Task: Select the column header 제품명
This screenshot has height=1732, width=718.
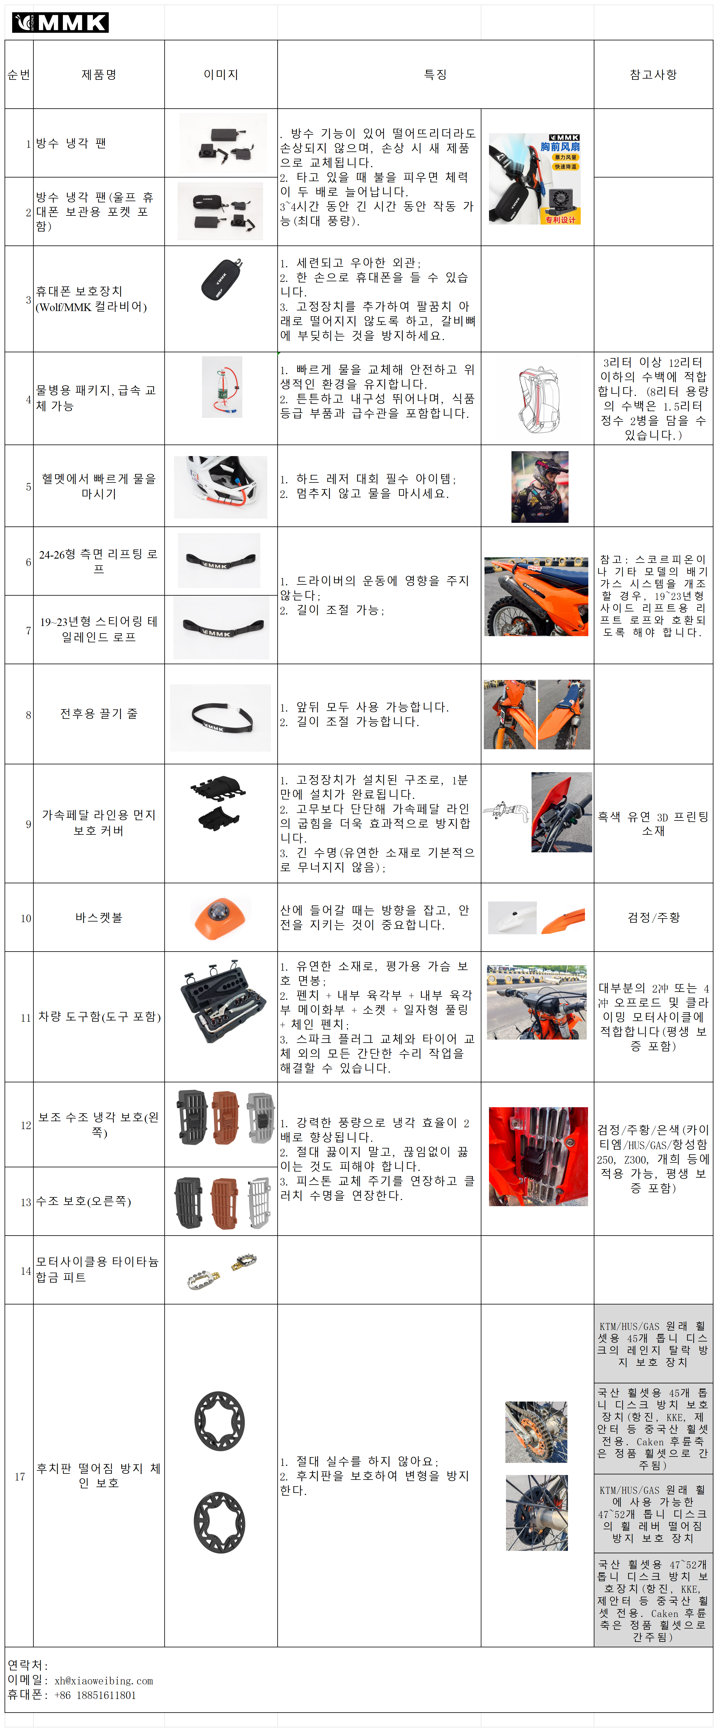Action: [x=99, y=75]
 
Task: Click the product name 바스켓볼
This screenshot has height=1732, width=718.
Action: [x=99, y=918]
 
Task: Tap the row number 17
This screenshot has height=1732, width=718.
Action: [x=19, y=1477]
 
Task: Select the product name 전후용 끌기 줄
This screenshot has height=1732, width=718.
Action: [x=99, y=714]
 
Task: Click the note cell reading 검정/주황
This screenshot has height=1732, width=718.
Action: [x=653, y=918]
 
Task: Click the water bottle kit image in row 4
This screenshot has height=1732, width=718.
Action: [x=222, y=387]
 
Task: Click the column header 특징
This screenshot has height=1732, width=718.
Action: [x=435, y=75]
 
